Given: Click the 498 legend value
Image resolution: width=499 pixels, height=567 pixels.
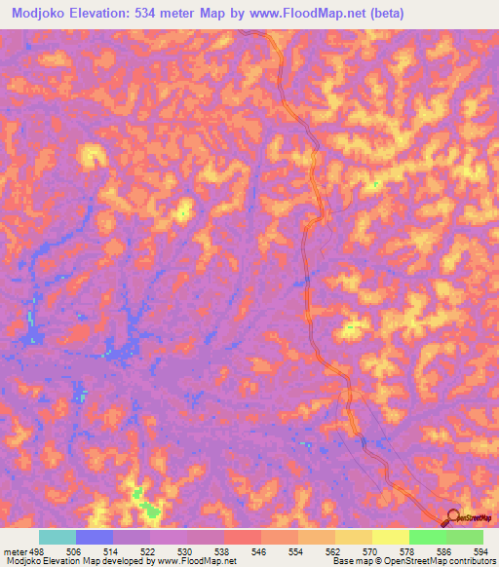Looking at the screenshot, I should coord(38,550).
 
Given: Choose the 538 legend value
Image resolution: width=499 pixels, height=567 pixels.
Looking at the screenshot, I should coord(223,550).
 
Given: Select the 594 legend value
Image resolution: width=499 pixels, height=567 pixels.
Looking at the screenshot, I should coord(479,550).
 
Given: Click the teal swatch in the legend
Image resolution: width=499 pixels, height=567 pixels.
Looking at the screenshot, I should coord(58,537).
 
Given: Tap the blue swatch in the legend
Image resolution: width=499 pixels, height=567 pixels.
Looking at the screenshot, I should coord(95,537).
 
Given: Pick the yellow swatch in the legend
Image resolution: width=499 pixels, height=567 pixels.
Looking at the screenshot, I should coord(391,537).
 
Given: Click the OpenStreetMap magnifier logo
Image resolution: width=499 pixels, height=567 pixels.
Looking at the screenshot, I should coord(452,517).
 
